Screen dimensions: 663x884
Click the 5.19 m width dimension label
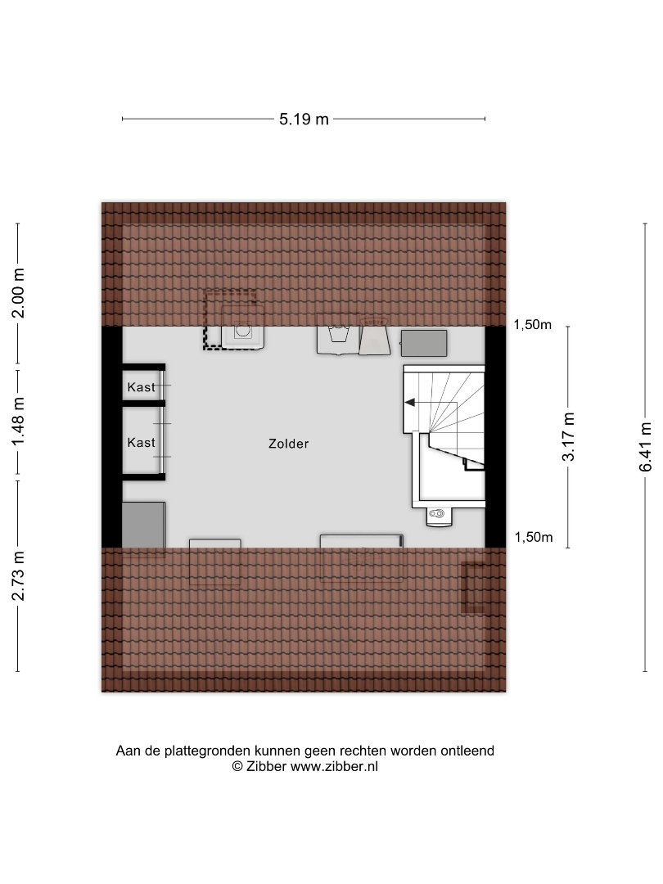coord(304,119)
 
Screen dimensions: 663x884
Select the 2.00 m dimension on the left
coord(19,293)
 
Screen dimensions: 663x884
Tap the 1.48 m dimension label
coord(19,421)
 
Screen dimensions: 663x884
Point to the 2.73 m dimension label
coord(19,575)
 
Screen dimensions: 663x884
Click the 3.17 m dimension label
coord(568,436)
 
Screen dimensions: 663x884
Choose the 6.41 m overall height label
coord(646,447)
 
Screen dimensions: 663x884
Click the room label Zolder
coord(289,444)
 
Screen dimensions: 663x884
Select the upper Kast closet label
coord(141,386)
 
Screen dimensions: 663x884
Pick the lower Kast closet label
coord(141,443)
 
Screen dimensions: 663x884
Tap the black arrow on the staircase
coord(410,403)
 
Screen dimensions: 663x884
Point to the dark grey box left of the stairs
coord(424,343)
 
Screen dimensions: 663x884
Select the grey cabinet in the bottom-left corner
coord(144,525)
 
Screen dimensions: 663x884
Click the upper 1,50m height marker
coord(532,325)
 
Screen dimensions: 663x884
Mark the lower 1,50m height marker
coord(534,537)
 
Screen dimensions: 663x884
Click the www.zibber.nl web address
coord(334,766)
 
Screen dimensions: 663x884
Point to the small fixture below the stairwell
coord(438,516)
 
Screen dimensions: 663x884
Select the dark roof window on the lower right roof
coord(472,587)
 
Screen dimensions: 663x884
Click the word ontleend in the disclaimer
coord(467,751)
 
